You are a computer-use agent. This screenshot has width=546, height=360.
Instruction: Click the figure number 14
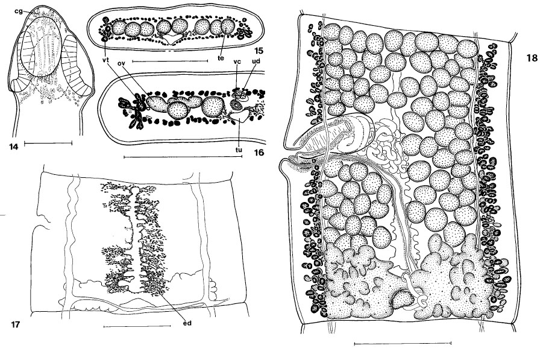(14, 147)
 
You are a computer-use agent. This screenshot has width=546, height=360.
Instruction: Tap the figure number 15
(259, 52)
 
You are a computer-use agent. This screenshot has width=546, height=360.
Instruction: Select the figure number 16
(259, 153)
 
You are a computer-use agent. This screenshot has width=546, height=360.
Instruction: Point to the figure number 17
(15, 325)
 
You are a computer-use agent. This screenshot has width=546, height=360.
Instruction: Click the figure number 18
(532, 58)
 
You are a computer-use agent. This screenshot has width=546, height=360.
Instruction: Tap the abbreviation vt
(105, 60)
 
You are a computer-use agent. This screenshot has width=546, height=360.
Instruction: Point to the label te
(221, 58)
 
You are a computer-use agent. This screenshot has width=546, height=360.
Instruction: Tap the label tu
(239, 150)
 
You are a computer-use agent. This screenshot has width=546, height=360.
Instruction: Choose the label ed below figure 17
(187, 323)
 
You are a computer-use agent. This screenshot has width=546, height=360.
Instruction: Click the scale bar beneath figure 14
(48, 142)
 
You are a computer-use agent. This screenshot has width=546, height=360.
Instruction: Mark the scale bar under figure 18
(403, 344)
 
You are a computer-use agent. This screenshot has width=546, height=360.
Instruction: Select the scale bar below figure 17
(137, 326)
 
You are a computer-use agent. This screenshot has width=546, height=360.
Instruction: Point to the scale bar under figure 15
(171, 61)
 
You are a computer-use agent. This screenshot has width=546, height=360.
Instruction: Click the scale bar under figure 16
(183, 157)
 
